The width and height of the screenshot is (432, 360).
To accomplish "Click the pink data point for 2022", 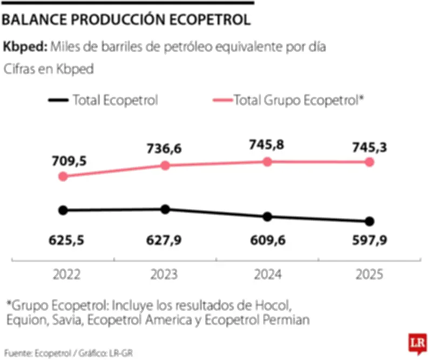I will [x=63, y=176].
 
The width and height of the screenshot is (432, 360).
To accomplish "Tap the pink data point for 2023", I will [x=165, y=165].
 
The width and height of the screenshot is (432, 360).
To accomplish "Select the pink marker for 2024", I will [x=267, y=162].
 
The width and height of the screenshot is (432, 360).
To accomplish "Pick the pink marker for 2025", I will [x=369, y=162].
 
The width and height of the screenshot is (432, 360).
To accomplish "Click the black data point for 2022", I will [x=63, y=210].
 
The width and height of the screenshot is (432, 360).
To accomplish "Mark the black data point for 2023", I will [x=165, y=209].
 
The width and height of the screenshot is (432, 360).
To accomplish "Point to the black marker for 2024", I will [x=267, y=217].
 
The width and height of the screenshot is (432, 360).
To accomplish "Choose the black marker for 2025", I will [x=369, y=221].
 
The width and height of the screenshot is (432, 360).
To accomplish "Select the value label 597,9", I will [x=369, y=241].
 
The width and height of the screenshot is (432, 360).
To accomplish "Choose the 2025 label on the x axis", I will [x=369, y=275].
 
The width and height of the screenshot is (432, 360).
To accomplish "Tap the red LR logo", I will [x=416, y=343].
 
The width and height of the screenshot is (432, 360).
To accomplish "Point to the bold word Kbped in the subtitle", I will [x=24, y=47].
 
